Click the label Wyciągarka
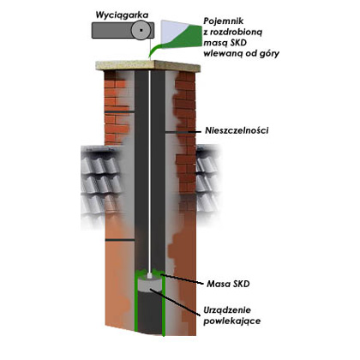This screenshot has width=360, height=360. pyautogui.click(x=122, y=15)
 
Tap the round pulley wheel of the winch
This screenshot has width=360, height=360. pyautogui.click(x=141, y=30)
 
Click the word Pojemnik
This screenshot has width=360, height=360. pyautogui.click(x=224, y=21)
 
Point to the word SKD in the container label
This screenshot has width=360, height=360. pyautogui.click(x=237, y=43)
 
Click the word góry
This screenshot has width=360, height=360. pyautogui.click(x=267, y=53)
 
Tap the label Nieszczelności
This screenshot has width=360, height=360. pyautogui.click(x=237, y=130)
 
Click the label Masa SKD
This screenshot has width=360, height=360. pyautogui.click(x=228, y=284)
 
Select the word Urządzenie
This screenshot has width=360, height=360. pyautogui.click(x=227, y=310)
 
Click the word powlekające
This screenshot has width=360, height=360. pyautogui.click(x=231, y=321)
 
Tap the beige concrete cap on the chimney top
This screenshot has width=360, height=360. pyautogui.click(x=147, y=66)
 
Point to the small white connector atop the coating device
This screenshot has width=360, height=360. pyautogui.click(x=149, y=276)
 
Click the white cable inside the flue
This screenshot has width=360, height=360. pyautogui.click(x=149, y=171)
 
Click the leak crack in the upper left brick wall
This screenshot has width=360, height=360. pyautogui.click(x=119, y=111)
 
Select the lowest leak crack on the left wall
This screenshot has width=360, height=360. pyautogui.click(x=120, y=240)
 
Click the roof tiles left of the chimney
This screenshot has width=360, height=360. pyautogui.click(x=100, y=183)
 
